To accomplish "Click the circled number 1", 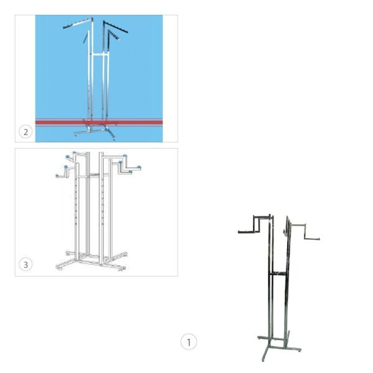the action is (x=188, y=341).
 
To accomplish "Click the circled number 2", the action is (x=25, y=132).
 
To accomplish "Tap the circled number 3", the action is (x=25, y=264).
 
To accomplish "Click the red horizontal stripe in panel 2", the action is (x=99, y=122).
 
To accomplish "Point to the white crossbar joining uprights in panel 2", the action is (x=100, y=55).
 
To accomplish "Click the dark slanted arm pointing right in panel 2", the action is (x=116, y=27).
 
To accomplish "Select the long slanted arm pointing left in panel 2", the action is (x=78, y=23).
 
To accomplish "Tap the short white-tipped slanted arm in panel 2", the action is (x=114, y=35).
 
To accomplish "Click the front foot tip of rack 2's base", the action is (x=114, y=139).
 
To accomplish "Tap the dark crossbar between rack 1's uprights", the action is (x=279, y=273).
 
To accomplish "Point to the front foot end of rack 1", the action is (x=264, y=359).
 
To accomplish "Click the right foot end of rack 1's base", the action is (x=299, y=349).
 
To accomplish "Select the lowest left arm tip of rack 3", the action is (x=57, y=176).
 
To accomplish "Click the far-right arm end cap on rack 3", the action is (x=139, y=167).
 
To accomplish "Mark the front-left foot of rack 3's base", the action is (x=59, y=267).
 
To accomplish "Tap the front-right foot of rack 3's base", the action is (x=122, y=268).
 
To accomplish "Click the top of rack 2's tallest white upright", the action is (x=92, y=19).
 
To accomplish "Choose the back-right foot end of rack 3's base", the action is (x=124, y=254).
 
